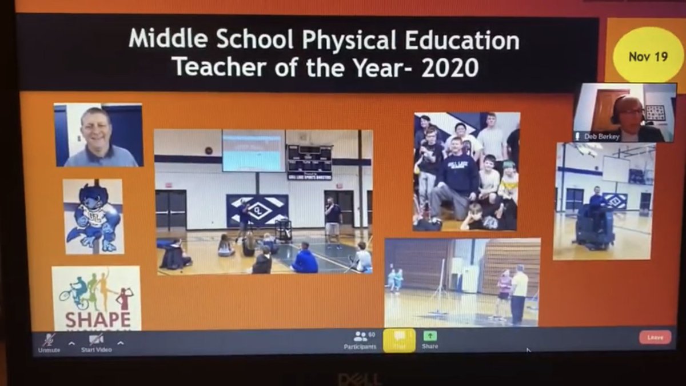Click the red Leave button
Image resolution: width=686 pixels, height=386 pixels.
[655, 337]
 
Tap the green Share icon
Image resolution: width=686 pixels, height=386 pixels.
[430, 336]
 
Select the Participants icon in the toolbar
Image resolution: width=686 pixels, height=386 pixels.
[360, 337]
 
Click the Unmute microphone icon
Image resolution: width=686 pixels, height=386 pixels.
[49, 339]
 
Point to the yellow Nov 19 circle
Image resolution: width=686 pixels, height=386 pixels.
[648, 57]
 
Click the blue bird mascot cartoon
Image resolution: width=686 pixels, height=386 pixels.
[93, 218]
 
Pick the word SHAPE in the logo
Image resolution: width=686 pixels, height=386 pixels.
[97, 318]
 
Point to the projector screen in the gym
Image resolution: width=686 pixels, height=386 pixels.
[253, 150]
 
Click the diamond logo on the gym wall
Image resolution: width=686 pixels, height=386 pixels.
[257, 210]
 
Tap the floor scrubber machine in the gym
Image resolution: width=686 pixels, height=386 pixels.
[595, 226]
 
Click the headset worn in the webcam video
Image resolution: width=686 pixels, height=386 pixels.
[616, 112]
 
